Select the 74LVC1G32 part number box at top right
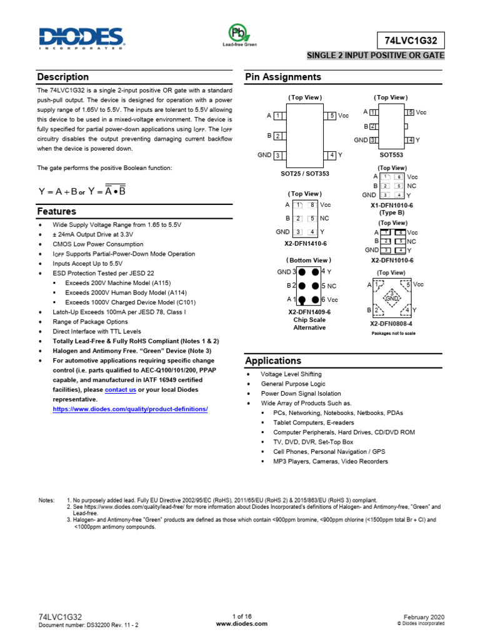tap(411, 40)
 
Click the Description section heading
tap(63, 77)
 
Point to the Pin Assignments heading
tap(283, 77)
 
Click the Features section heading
tap(57, 211)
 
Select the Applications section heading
tap(273, 361)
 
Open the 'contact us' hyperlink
tap(120, 389)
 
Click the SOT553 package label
tap(391, 153)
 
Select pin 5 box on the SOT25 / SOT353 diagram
tap(329, 116)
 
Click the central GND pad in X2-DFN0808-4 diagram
tap(392, 297)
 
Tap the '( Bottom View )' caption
tap(308, 260)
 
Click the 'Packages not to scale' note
tap(393, 334)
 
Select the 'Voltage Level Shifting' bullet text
tap(291, 374)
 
